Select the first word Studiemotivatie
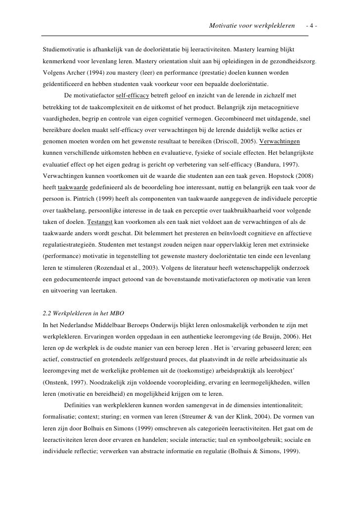pos(65,50)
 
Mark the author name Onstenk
pos(59,383)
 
